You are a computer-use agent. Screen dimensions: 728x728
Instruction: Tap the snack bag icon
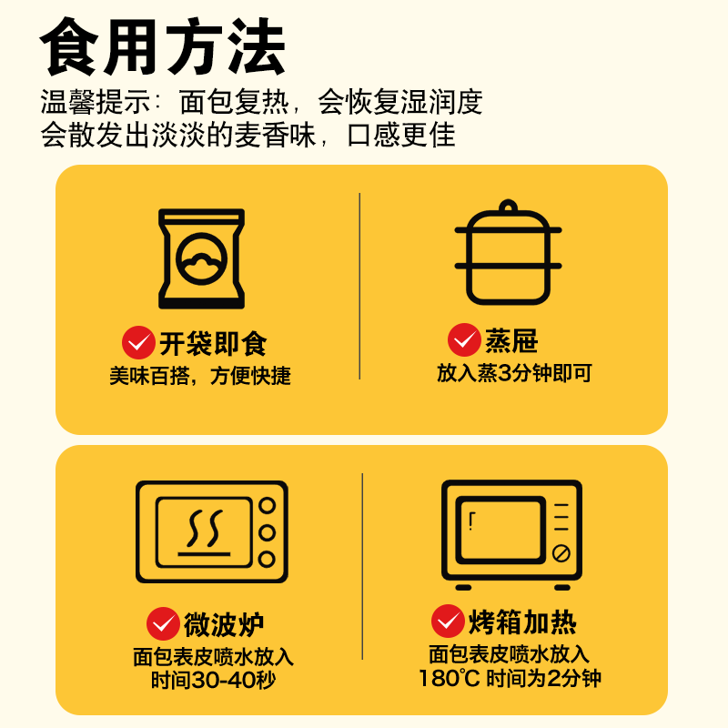pyautogui.click(x=202, y=258)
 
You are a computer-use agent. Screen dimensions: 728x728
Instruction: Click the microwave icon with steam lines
pyautogui.click(x=211, y=531)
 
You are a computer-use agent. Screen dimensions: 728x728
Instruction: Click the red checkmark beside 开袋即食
pyautogui.click(x=138, y=343)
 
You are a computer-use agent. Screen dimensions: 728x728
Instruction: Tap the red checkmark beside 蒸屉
pyautogui.click(x=464, y=340)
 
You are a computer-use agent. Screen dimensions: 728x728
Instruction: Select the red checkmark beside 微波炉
pyautogui.click(x=163, y=624)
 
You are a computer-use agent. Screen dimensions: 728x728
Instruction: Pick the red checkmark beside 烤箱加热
pyautogui.click(x=448, y=622)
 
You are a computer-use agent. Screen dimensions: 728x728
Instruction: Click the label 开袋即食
pyautogui.click(x=213, y=344)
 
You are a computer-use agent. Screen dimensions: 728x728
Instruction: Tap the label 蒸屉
pyautogui.click(x=511, y=341)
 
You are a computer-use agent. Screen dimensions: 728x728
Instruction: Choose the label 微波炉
pyautogui.click(x=224, y=625)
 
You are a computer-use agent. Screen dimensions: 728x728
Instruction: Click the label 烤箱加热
pyautogui.click(x=522, y=622)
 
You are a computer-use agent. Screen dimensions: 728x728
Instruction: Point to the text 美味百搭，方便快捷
pyautogui.click(x=200, y=376)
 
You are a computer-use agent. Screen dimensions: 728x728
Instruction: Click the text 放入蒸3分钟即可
pyautogui.click(x=514, y=373)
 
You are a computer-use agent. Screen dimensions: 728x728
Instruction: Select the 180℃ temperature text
pyautogui.click(x=449, y=678)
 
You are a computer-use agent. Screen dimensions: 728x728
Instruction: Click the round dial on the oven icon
pyautogui.click(x=561, y=552)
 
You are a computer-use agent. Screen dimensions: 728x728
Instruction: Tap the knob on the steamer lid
pyautogui.click(x=509, y=205)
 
